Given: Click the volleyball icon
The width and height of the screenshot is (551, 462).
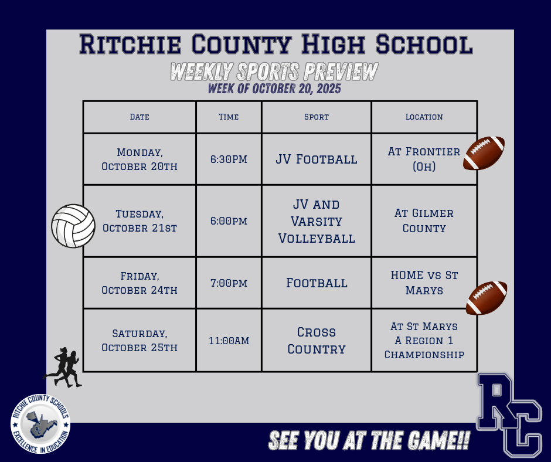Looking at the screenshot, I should [73, 226].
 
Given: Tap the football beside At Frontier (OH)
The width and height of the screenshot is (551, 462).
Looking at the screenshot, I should [484, 153].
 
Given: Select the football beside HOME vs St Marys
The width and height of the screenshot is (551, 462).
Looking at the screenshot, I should [487, 298].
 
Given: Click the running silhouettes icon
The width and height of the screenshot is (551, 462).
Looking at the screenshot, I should [63, 368].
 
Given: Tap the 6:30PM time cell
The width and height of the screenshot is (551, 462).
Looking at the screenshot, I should [229, 159].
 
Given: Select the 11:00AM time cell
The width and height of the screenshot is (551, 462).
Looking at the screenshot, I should [229, 340].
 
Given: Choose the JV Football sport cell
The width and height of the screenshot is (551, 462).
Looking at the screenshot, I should [317, 159].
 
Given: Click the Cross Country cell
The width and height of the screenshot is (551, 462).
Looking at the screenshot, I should [317, 340].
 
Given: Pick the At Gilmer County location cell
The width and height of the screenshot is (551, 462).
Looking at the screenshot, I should [424, 220].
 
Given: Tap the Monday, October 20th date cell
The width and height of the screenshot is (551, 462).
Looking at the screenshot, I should [140, 159].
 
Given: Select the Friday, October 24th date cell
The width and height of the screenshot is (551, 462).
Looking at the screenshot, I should [140, 283].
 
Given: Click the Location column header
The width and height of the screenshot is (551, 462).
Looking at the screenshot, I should [424, 117].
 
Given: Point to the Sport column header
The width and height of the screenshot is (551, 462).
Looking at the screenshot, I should [317, 117].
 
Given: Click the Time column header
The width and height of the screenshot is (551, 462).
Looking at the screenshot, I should [229, 117].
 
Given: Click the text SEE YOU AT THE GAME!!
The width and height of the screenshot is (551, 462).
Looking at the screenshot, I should [369, 441].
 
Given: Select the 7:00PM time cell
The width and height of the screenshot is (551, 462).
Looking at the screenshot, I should [229, 283].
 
